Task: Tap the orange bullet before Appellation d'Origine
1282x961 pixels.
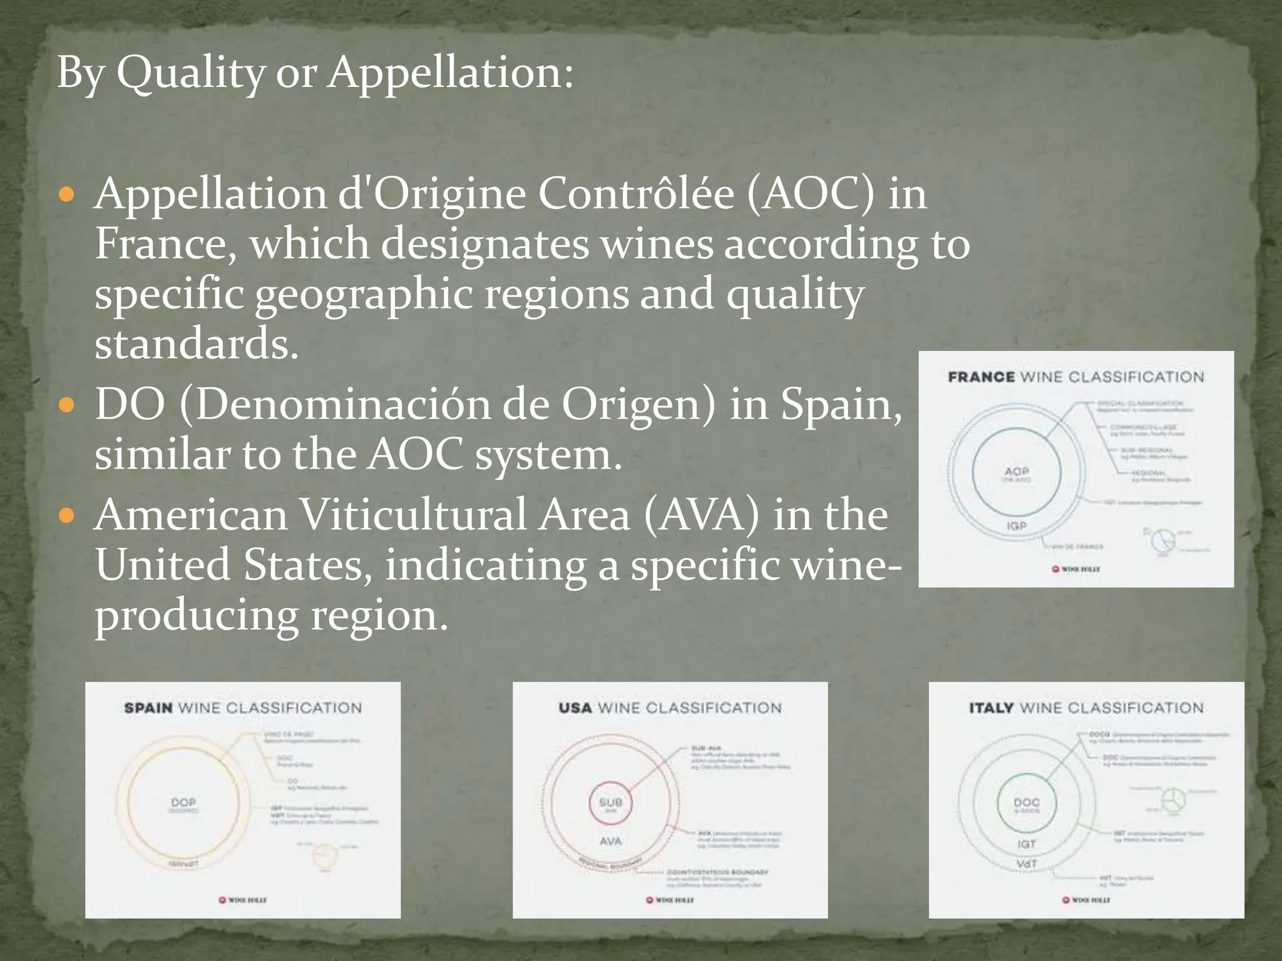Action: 66,195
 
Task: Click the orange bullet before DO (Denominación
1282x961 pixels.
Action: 66,406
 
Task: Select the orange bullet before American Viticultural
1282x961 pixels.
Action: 66,516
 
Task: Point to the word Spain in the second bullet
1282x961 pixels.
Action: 841,405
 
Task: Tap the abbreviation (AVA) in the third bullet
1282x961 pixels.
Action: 700,516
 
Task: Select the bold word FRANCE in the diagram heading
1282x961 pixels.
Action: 981,377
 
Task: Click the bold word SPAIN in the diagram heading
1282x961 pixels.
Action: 148,708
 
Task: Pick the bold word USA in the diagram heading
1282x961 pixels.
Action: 575,708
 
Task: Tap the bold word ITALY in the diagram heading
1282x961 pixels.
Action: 992,708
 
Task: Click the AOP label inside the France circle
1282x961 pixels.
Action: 1017,471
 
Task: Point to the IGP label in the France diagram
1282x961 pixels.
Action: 1017,526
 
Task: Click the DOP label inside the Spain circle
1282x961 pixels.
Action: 183,802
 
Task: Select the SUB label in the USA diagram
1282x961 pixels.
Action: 610,802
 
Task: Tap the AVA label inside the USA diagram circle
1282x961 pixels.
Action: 610,842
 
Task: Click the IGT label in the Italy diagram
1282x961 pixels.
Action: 1027,844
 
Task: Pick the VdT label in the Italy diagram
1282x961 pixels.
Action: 1027,864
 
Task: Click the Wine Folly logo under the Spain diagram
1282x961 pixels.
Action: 243,900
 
